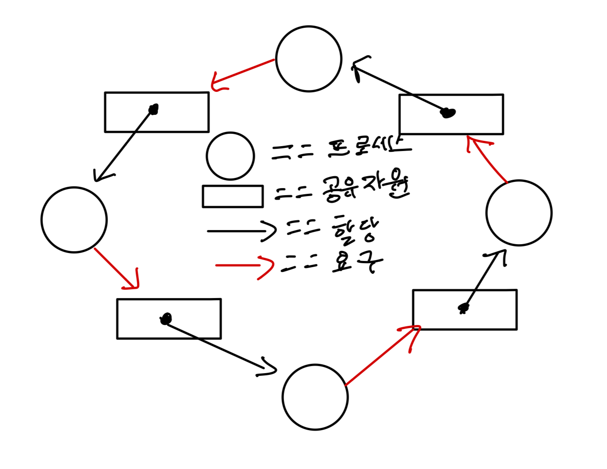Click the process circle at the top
coord(309,59)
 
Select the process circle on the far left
coord(74,220)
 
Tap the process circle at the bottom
coord(315,397)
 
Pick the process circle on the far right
coord(519,213)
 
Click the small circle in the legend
coord(231,156)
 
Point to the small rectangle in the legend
coord(233,197)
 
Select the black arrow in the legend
coord(241,231)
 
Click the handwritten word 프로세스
coord(369,148)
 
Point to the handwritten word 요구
coord(356,262)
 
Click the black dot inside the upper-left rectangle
coord(154,109)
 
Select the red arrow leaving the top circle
coord(242,73)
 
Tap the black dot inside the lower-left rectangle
coord(166,318)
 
